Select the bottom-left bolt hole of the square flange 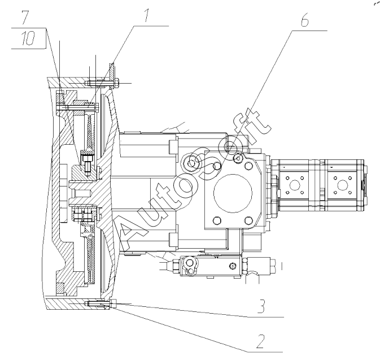click(x=213, y=220)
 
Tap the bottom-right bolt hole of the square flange click(x=247, y=220)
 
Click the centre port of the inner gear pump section click(x=295, y=184)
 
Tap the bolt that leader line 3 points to click(x=102, y=303)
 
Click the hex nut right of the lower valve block click(x=265, y=264)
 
